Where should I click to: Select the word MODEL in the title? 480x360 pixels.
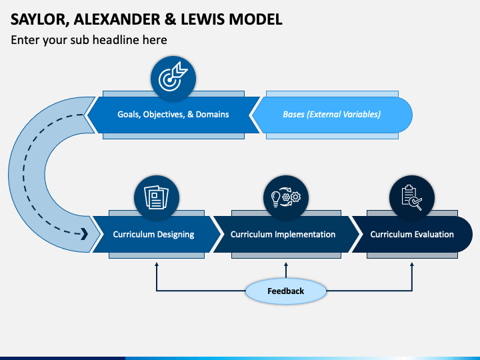(x=255, y=19)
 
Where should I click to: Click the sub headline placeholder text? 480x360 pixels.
(x=89, y=40)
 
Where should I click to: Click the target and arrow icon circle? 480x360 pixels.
(x=173, y=79)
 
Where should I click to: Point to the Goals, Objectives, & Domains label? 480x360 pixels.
(x=173, y=115)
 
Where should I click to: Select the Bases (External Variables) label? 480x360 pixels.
(x=332, y=115)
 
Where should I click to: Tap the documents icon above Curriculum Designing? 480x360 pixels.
(x=157, y=198)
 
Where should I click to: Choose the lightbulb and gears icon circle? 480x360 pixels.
(x=286, y=198)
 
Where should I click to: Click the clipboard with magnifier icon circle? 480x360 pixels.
(x=412, y=198)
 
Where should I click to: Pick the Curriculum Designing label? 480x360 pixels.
(x=154, y=235)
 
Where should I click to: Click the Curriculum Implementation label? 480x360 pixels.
(x=283, y=235)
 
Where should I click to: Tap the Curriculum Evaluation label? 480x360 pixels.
(x=412, y=235)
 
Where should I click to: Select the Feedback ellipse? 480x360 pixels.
(x=286, y=291)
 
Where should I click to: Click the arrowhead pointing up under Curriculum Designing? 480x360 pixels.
(x=157, y=265)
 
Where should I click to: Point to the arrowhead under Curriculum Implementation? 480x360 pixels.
(x=286, y=265)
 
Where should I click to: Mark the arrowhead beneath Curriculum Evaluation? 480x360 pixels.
(x=412, y=265)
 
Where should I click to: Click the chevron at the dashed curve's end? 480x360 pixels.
(x=85, y=234)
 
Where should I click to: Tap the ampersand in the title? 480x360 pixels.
(x=170, y=19)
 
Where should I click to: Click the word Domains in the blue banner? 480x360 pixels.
(x=213, y=114)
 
